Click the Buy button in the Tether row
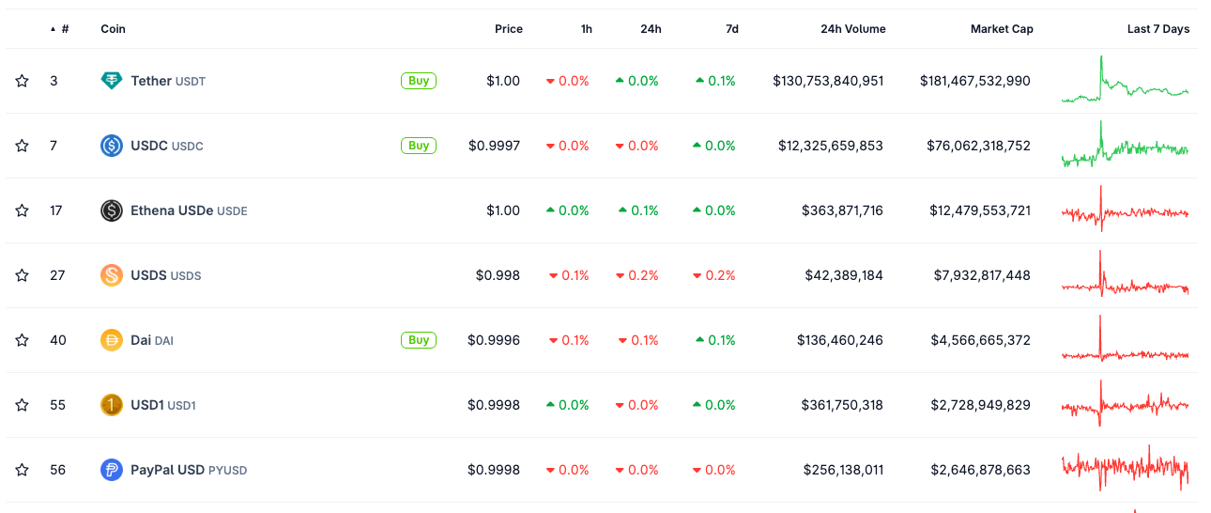coord(419,81)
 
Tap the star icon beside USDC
coord(22,146)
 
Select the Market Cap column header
coord(1002,29)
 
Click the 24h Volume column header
coord(852,29)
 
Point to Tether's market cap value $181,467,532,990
coord(974,81)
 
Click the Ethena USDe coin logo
coord(112,210)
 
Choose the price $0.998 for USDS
coord(498,275)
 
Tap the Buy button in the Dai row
coord(419,340)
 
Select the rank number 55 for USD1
coord(58,405)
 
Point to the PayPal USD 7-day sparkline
coord(1125,467)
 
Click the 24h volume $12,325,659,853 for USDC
coord(830,146)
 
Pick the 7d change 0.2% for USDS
coord(715,275)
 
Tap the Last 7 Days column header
coord(1157,29)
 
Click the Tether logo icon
coord(112,81)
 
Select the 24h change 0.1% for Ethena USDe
coord(638,210)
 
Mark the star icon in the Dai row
coord(22,340)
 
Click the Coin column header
coord(113,29)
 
